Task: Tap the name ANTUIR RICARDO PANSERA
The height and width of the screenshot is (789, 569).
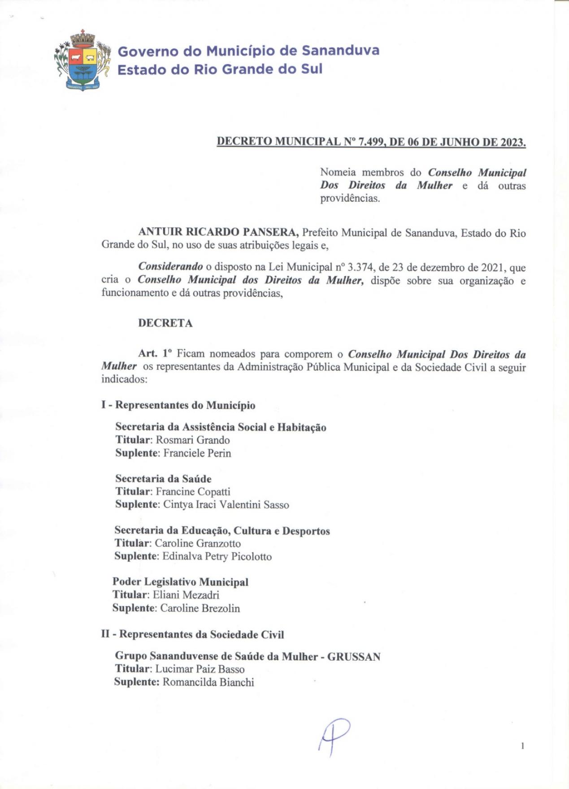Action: click(x=218, y=232)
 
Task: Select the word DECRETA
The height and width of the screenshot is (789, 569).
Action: click(x=165, y=323)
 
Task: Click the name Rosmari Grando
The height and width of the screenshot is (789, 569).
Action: click(x=192, y=440)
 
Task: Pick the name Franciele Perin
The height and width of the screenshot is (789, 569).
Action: click(x=197, y=453)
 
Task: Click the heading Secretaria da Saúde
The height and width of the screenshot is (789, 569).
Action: click(x=163, y=478)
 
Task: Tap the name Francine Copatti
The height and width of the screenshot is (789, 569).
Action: click(x=192, y=491)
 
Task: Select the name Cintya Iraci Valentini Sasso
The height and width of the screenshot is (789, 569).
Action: click(x=226, y=505)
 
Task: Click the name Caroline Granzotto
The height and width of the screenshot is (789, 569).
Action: click(x=197, y=543)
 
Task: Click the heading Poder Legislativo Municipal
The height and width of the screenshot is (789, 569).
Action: click(x=180, y=582)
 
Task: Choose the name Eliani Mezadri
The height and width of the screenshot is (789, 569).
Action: click(x=186, y=595)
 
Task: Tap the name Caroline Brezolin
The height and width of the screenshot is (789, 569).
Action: click(x=200, y=608)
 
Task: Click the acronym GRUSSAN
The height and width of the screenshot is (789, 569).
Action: click(x=354, y=657)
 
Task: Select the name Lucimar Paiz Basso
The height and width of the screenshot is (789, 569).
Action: click(x=200, y=669)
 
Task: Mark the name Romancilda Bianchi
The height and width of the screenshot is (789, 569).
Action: click(x=208, y=682)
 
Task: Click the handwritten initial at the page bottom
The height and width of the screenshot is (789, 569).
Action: click(x=334, y=736)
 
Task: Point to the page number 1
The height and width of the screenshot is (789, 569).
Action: click(x=522, y=746)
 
